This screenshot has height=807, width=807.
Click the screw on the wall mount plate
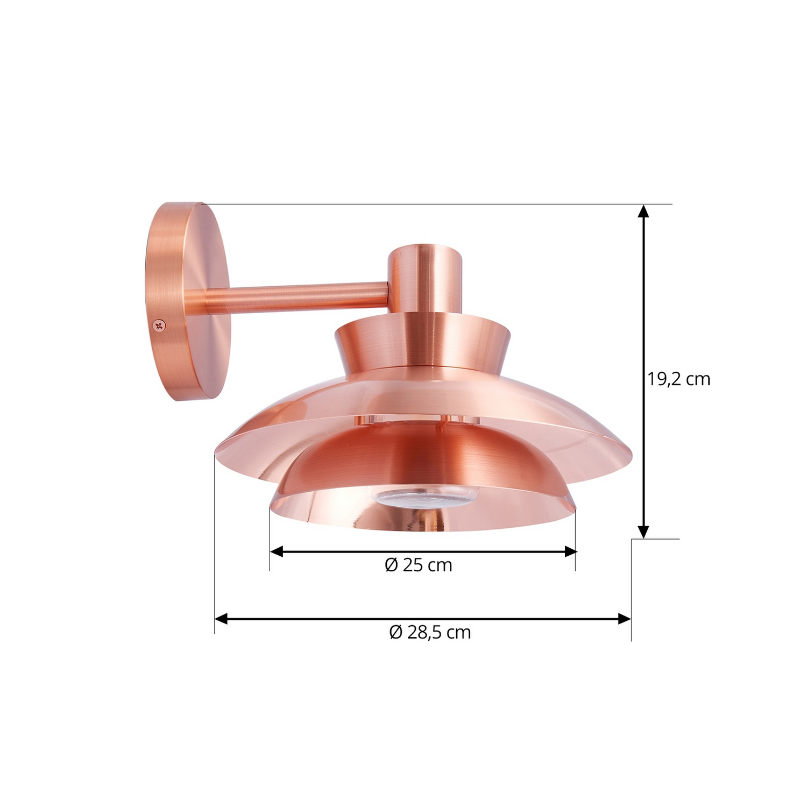(x=159, y=325)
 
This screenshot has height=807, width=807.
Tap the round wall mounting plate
(x=187, y=301)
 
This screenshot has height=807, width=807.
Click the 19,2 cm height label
(x=679, y=379)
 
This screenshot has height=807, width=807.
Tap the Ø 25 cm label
(x=419, y=565)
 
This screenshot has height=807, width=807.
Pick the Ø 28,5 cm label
(x=430, y=632)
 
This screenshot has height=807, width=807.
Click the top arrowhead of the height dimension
(x=643, y=211)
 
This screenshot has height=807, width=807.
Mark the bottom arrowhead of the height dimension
(x=643, y=532)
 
